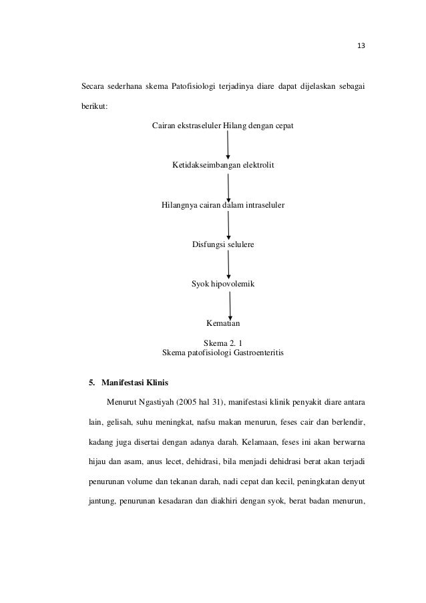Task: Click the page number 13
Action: click(361, 46)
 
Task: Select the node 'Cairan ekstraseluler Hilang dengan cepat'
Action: click(223, 126)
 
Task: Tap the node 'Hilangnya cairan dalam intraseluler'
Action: click(223, 205)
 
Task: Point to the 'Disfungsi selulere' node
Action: click(223, 245)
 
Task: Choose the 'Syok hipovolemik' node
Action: click(223, 284)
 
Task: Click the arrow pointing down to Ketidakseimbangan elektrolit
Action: click(228, 145)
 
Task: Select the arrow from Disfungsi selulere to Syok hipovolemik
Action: click(228, 265)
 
